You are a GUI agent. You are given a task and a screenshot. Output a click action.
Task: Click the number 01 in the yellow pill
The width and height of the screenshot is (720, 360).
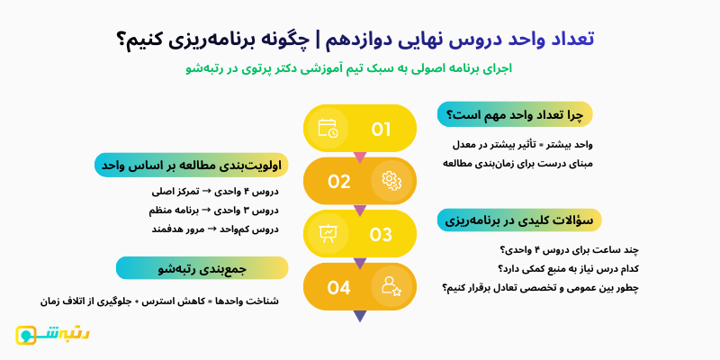381,129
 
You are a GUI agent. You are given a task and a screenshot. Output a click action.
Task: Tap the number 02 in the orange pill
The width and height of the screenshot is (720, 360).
338,181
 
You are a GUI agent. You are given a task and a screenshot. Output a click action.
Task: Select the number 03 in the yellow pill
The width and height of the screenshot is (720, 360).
381,234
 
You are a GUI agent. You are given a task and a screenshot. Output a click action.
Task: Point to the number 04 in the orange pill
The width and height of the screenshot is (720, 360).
338,287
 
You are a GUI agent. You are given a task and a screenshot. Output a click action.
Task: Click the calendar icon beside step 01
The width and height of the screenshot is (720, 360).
328,128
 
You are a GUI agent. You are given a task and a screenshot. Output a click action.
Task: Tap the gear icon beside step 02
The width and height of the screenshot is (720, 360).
391,181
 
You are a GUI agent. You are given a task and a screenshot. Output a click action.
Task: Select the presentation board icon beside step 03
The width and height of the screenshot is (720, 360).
328,234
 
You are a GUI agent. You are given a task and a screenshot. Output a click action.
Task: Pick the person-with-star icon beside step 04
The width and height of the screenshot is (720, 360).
391,287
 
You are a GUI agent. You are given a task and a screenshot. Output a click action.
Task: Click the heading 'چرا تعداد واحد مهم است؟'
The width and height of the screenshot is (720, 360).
515,115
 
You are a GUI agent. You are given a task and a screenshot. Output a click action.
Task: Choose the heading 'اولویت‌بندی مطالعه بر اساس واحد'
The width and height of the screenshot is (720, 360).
192,166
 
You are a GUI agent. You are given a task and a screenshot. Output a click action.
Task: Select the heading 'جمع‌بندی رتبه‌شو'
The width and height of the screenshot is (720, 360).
202,267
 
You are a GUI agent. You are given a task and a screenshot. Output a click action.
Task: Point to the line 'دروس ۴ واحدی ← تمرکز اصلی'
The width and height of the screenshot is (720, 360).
216,191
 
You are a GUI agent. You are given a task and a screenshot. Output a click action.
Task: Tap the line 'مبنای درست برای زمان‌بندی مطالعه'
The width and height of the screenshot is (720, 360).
517,163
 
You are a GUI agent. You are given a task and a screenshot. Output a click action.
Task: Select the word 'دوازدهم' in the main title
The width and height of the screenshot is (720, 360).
359,39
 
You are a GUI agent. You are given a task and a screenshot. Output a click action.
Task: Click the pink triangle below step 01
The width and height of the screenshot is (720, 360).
360,157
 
